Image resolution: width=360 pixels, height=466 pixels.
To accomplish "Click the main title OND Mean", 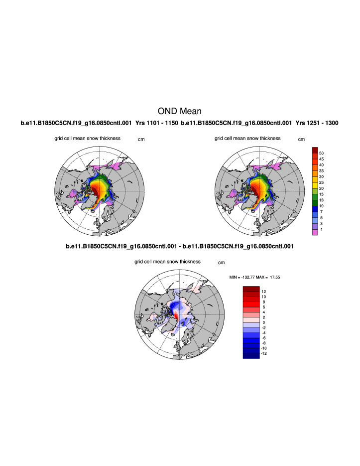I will coord(179,111).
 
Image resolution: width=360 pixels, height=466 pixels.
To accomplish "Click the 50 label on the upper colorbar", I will coord(322,153).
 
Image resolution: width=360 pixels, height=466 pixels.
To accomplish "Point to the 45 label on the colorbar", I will coord(322,159).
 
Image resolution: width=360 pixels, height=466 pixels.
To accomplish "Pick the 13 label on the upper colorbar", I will coord(322,200).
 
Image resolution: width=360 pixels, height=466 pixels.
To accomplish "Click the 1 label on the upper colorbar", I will coord(321,229).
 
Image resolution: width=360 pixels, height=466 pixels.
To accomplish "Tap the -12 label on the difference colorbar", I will coord(264,353).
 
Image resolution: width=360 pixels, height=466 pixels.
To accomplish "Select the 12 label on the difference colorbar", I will coord(264,291).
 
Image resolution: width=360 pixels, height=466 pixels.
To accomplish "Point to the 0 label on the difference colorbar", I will coord(263,322).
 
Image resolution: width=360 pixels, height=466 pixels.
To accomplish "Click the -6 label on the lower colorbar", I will coord(264,337).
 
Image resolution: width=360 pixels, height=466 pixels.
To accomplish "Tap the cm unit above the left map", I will coord(141,140).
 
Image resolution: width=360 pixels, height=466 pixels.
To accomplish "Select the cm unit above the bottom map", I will coord(221,262).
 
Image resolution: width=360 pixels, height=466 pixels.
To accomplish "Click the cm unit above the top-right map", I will coord(301,140).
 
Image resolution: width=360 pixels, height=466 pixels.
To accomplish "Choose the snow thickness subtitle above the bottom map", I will coord(167,261).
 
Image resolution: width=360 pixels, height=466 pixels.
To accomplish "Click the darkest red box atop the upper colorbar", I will coord(315,150).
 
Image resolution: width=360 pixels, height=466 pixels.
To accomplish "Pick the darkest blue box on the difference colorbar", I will coord(251,355).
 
